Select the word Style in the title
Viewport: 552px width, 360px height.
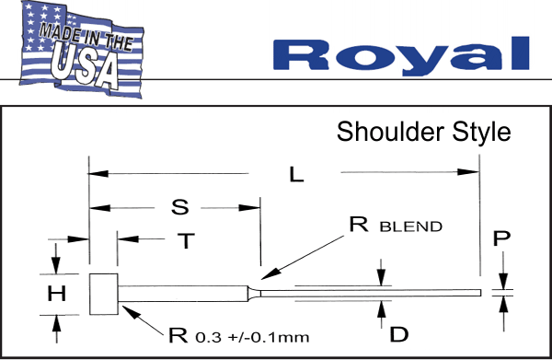[477, 131]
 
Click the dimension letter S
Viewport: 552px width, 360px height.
[180, 207]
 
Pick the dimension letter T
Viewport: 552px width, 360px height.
[187, 241]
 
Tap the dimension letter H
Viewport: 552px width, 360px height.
[55, 294]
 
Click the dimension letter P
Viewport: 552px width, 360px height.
[501, 239]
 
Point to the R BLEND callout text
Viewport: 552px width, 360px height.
[395, 224]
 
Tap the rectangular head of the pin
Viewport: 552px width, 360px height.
[104, 294]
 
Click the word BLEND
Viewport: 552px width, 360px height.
[411, 226]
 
